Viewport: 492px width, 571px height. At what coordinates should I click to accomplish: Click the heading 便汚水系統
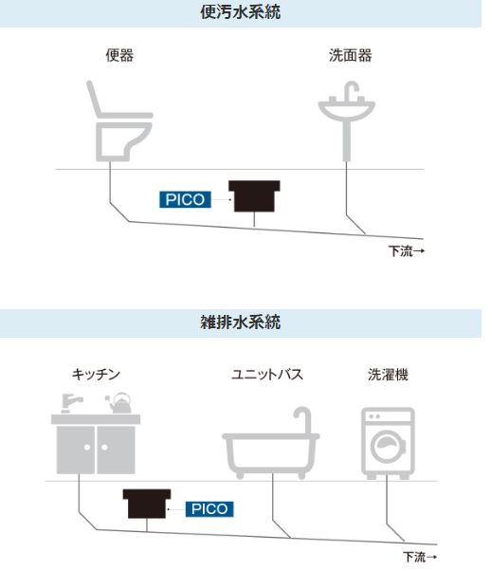point(240,12)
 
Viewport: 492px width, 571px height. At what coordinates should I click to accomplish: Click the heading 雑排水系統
point(240,322)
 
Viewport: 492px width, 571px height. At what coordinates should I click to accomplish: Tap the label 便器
point(119,55)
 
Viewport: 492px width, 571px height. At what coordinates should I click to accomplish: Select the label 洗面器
point(350,55)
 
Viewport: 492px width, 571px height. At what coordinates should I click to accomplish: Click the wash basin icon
point(346,120)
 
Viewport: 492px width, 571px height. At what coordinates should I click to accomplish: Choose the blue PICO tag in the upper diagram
point(185,199)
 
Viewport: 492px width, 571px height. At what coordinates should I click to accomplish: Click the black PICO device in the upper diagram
point(254,196)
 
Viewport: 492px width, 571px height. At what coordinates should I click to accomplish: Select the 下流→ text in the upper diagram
point(406,251)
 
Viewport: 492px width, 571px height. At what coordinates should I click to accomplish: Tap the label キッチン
point(96,375)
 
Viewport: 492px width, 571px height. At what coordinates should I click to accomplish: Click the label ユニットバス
point(267,375)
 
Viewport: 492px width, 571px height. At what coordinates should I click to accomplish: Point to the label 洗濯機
point(388,375)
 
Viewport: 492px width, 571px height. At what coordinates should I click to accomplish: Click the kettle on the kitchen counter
point(119,403)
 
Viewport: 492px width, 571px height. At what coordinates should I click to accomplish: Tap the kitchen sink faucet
point(71,403)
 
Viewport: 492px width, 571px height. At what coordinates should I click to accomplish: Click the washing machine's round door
point(388,447)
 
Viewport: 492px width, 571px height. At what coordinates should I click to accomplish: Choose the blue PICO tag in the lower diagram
point(210,508)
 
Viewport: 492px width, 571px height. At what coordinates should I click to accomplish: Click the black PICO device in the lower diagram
point(147,504)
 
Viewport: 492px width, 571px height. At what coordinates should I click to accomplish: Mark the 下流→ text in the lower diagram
point(420,557)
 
